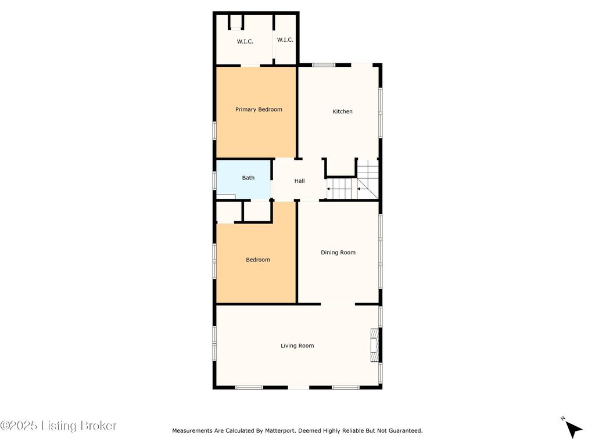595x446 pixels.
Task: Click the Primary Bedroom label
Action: tap(259, 110)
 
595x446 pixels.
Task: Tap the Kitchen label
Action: tap(342, 111)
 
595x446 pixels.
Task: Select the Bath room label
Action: tap(248, 178)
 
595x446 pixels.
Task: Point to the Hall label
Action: tap(299, 181)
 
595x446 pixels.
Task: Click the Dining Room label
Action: tap(338, 253)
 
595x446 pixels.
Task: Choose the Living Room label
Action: tap(297, 346)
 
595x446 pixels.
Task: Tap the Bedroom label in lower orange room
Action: tap(258, 260)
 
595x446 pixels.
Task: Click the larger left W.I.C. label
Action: tap(245, 42)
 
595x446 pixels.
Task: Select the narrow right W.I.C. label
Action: tap(285, 40)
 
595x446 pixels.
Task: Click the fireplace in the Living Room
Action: tap(375, 345)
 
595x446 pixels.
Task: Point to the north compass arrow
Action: tap(574, 429)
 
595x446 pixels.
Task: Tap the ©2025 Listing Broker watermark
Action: tap(59, 426)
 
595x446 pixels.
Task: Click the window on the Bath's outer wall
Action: tap(214, 180)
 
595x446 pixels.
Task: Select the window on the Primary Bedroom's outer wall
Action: tap(214, 131)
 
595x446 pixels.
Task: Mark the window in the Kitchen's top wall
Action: tap(324, 65)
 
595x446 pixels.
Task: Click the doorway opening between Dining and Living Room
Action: tap(338, 304)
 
